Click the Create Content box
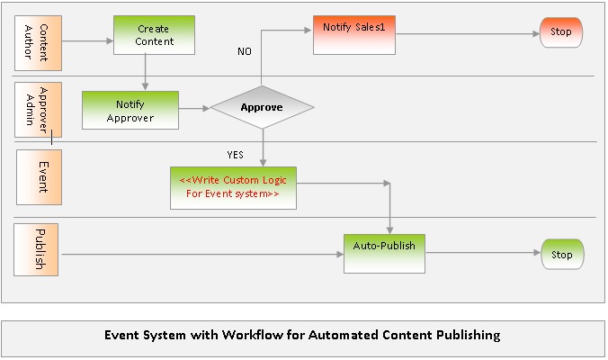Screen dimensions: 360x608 point(153,34)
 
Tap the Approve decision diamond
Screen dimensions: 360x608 point(262,108)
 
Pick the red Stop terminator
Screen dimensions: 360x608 point(561,32)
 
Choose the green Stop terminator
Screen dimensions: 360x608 point(561,255)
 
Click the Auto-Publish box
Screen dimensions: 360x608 point(384,252)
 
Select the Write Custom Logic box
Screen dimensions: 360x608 point(233,186)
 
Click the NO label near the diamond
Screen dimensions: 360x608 point(245,51)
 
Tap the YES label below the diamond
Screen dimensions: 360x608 point(236,154)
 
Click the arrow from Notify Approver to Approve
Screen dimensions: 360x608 point(194,109)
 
